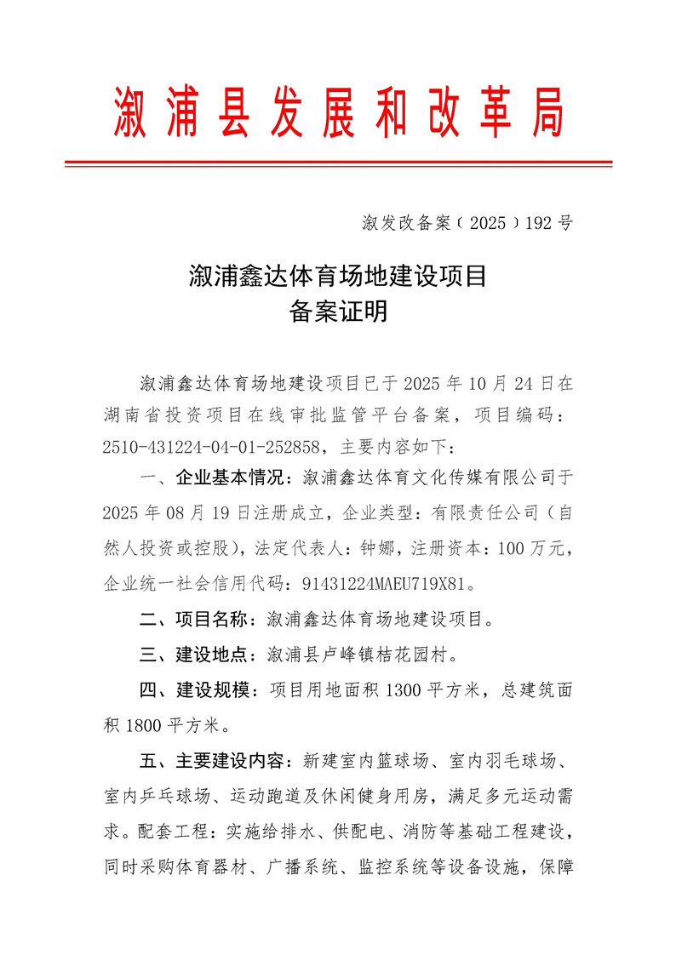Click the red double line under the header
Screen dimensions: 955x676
tap(338, 163)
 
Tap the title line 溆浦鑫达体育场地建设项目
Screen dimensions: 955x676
tap(338, 276)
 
